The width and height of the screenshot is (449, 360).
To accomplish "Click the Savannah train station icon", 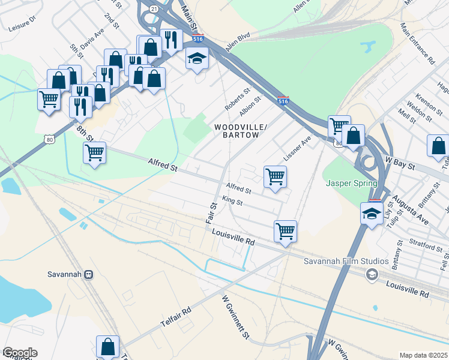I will coord(89,274).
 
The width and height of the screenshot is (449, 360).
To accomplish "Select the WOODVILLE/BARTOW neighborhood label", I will coord(237,131).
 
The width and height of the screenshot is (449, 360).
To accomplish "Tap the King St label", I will coord(232,202).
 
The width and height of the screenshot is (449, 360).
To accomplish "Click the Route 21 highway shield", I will coord(154,9).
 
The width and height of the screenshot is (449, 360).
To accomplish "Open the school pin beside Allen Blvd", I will coord(196,59).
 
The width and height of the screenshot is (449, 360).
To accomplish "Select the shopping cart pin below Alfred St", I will coord(275,176).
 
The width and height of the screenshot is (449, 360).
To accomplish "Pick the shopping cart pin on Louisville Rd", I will coord(285,231).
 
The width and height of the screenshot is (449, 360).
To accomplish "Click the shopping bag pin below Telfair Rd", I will coord(108,346).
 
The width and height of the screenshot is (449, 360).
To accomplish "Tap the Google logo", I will coord(20,353).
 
